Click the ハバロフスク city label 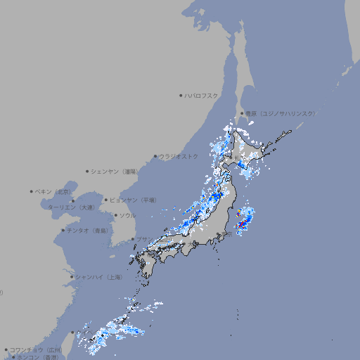[202, 95]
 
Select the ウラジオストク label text [179, 156]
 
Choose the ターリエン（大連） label [71, 207]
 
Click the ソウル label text [127, 216]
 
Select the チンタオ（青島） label [87, 231]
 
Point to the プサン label [143, 240]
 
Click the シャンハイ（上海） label [99, 277]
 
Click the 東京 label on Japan [228, 234]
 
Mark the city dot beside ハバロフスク [181, 95]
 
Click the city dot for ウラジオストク [155, 157]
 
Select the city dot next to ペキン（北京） [32, 191]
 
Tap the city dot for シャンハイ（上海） [72, 277]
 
